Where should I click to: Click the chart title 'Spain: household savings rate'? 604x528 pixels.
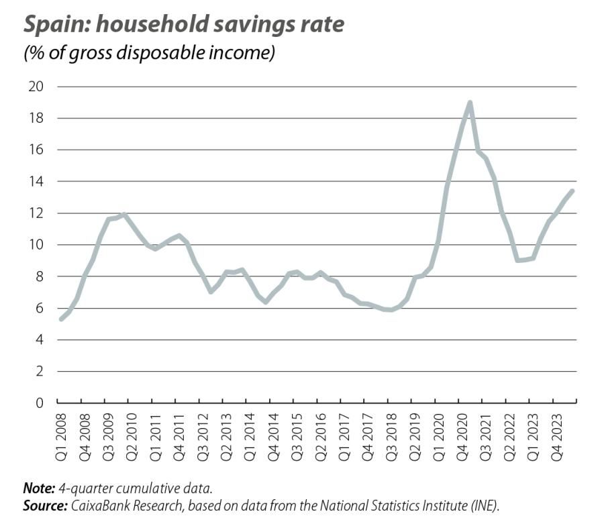(x=184, y=25)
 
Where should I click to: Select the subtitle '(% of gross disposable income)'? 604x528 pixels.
(x=149, y=53)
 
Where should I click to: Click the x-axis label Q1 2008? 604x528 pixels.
(x=59, y=433)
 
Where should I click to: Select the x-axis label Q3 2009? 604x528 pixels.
(x=106, y=433)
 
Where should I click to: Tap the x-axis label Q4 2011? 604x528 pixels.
(x=177, y=433)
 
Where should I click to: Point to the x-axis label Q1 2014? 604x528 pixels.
(x=248, y=433)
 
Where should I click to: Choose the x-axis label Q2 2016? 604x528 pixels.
(x=318, y=433)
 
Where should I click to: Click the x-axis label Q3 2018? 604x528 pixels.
(x=389, y=433)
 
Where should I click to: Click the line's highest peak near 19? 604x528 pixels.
(x=470, y=103)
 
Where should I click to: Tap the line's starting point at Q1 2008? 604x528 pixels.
(x=61, y=319)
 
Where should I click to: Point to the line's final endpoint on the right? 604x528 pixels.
(x=572, y=191)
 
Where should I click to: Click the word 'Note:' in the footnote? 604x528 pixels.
(x=38, y=489)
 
